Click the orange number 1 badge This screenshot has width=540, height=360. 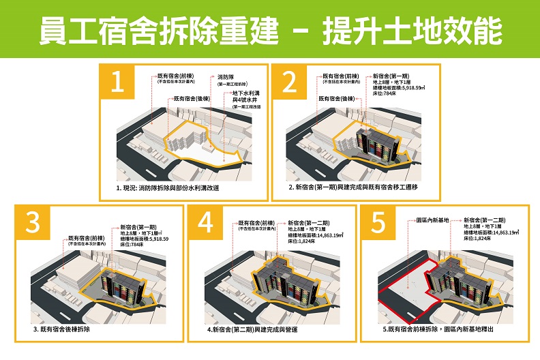[118, 82]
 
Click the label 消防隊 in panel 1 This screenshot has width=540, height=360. [226, 77]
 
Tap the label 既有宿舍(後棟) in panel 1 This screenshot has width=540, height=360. [190, 98]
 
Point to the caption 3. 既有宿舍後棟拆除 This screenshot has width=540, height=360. [65, 329]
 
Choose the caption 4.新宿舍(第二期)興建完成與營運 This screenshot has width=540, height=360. [254, 329]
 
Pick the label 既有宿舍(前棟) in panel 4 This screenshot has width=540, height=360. [257, 223]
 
